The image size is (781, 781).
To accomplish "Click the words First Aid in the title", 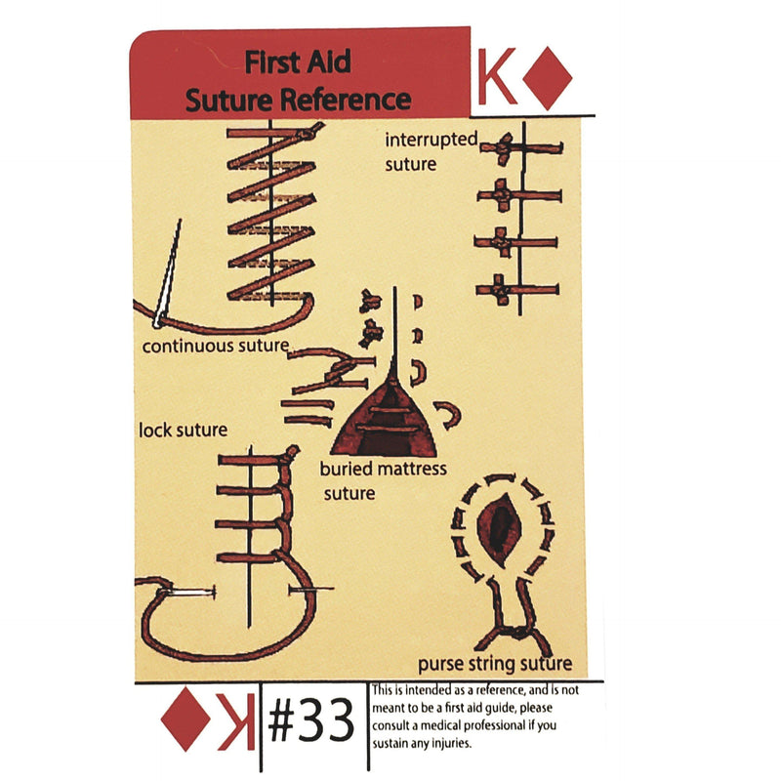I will [x=298, y=63].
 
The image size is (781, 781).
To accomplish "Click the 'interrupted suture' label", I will [x=430, y=151].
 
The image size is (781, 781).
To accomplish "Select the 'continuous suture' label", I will [x=215, y=346].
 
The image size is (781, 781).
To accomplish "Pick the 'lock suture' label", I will [x=184, y=430].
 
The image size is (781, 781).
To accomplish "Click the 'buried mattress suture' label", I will [x=383, y=480].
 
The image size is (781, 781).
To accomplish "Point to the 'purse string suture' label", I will [x=495, y=665].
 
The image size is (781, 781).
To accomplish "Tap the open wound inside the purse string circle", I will [x=504, y=526].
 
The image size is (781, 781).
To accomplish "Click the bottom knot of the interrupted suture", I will [x=500, y=289].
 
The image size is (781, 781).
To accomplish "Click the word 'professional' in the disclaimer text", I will [x=505, y=725].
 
